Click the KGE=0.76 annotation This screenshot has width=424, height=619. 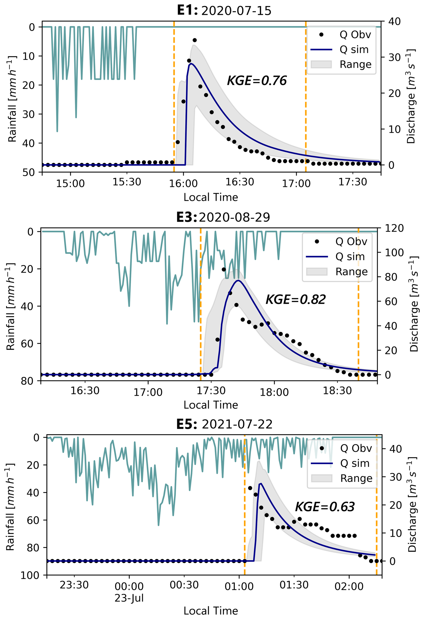tap(257, 80)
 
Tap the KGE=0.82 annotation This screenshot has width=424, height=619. tap(295, 299)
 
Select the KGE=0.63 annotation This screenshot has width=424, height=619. tap(324, 507)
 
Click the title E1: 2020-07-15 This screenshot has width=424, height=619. tap(224, 11)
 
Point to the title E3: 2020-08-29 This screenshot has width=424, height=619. tap(223, 217)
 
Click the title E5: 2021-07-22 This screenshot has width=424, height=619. tap(224, 424)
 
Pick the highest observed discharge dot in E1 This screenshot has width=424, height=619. tap(195, 40)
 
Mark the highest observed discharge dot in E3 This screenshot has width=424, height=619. tap(224, 269)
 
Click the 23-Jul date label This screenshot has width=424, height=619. tap(129, 598)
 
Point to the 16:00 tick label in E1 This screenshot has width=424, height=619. tap(183, 183)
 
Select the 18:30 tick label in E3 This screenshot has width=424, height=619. tap(337, 391)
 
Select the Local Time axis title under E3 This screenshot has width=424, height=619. tap(211, 405)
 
